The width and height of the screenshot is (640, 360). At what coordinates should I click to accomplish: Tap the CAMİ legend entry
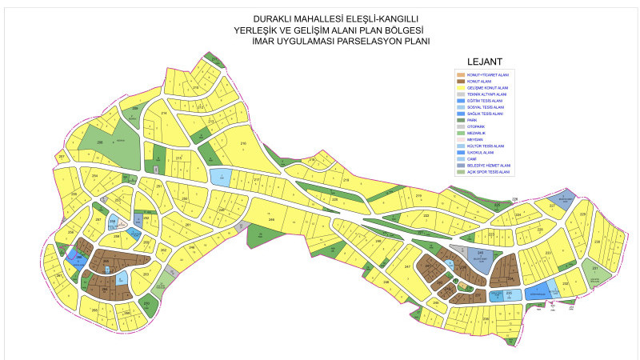coord(471,159)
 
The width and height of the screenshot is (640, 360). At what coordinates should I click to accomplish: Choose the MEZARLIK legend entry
coord(474,133)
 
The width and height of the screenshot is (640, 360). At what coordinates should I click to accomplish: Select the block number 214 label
coord(163,114)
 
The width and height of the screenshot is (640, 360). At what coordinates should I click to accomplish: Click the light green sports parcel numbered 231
coord(594,269)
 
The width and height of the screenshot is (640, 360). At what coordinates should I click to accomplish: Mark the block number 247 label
coord(407,266)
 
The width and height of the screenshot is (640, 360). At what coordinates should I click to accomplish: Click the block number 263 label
coord(146,274)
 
